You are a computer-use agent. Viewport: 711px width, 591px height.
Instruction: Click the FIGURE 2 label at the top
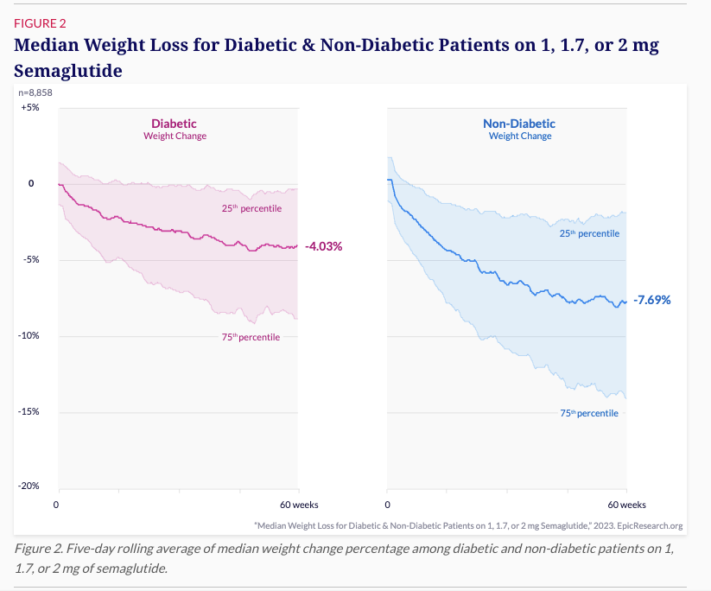(41, 23)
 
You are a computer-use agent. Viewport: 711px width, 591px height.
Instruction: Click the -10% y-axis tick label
(29, 336)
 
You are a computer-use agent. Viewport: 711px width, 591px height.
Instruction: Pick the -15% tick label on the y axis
(29, 412)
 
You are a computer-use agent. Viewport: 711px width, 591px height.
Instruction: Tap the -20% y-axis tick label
(29, 486)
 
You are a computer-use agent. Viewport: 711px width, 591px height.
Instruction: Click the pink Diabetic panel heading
(175, 124)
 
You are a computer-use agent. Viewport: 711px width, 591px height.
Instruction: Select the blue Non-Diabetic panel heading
(519, 124)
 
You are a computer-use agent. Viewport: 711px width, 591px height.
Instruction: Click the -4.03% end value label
(324, 246)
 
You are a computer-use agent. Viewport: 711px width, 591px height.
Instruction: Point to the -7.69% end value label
(651, 301)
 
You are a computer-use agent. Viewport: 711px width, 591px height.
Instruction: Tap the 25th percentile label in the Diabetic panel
(251, 208)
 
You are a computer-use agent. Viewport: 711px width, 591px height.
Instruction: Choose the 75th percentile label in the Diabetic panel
(251, 337)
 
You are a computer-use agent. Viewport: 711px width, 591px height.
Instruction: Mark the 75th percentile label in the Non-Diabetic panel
(589, 413)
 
